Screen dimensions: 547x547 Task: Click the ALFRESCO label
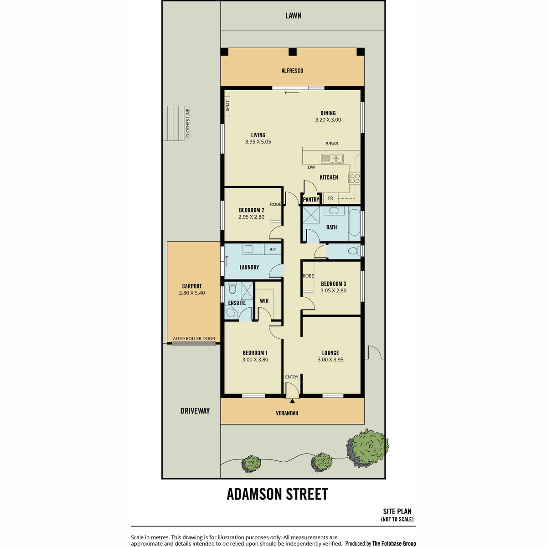[292, 71]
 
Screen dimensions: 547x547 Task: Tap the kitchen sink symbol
[332, 158]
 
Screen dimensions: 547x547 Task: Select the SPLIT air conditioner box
[227, 106]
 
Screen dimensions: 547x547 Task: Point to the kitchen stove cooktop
[355, 178]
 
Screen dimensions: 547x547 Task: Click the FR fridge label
[330, 198]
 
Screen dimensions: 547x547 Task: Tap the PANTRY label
[311, 200]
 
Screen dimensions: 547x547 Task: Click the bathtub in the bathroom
[354, 222]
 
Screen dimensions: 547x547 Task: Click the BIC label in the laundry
[273, 250]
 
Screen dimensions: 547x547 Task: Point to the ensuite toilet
[232, 288]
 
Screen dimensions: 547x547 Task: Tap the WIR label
[264, 301]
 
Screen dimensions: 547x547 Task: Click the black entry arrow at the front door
[292, 401]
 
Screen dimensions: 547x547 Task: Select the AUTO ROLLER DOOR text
[194, 338]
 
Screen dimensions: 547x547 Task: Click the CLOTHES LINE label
[187, 123]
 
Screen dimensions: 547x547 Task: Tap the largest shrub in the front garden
[367, 448]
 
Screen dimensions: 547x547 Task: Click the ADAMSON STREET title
[277, 494]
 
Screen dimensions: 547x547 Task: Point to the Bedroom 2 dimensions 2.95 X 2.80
[251, 217]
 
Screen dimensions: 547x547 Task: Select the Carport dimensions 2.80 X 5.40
[192, 293]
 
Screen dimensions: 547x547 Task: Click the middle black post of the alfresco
[292, 52]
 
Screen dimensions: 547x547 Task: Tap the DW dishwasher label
[311, 167]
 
